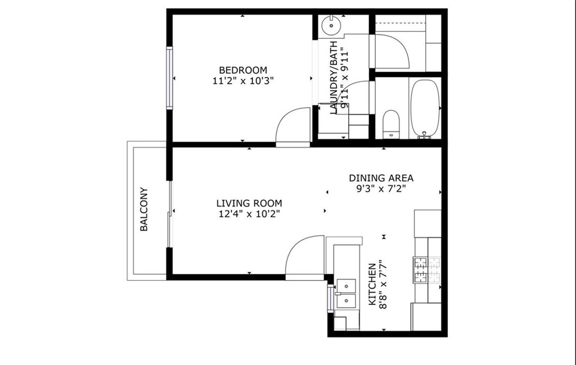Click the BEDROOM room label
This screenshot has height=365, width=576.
pyautogui.click(x=243, y=70)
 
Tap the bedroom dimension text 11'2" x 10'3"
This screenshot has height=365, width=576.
pyautogui.click(x=243, y=81)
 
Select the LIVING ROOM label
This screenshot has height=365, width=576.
pyautogui.click(x=249, y=203)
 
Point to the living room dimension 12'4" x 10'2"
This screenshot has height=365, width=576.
pyautogui.click(x=249, y=214)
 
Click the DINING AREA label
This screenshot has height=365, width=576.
pyautogui.click(x=381, y=178)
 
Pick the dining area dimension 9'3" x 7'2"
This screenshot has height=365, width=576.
pyautogui.click(x=381, y=189)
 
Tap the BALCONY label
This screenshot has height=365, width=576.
pyautogui.click(x=144, y=209)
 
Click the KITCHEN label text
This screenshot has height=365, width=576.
pyautogui.click(x=372, y=284)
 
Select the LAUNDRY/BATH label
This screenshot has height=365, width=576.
pyautogui.click(x=334, y=78)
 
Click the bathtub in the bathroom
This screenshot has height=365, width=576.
pyautogui.click(x=425, y=109)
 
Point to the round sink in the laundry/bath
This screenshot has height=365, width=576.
pyautogui.click(x=331, y=25)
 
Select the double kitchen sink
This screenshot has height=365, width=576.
pyautogui.click(x=346, y=294)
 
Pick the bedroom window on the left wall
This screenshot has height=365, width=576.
pyautogui.click(x=169, y=78)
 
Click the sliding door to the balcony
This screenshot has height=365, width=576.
pyautogui.click(x=169, y=214)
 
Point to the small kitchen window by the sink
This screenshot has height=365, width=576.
pyautogui.click(x=330, y=298)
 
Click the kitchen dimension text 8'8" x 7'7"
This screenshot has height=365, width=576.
pyautogui.click(x=382, y=285)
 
